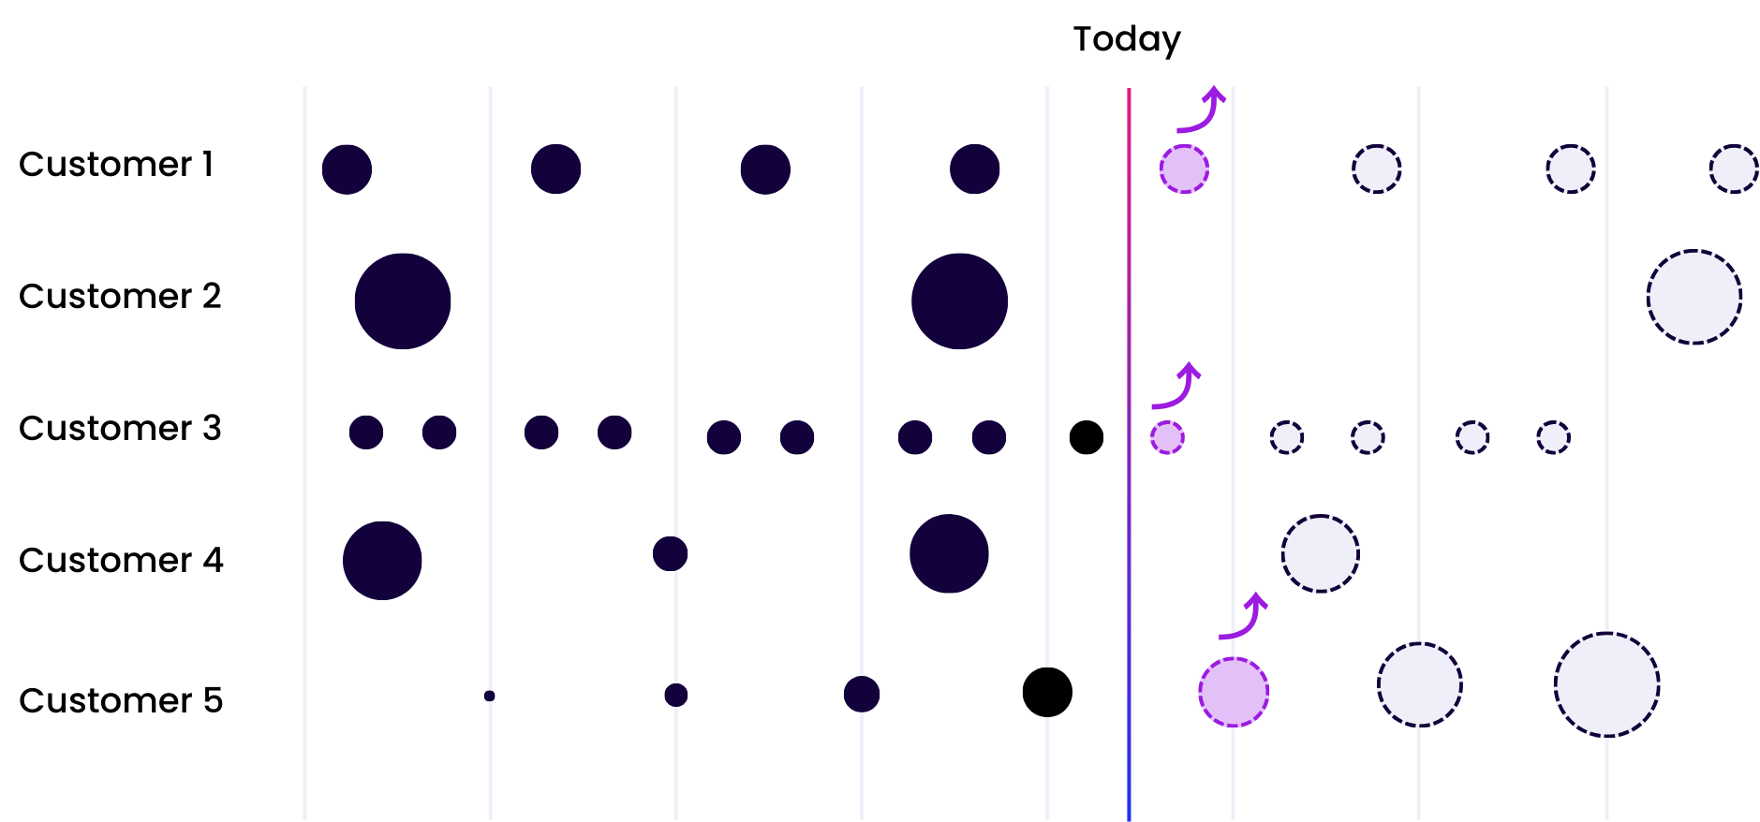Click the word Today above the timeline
1127,39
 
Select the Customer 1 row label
116,164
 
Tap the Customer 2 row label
120,296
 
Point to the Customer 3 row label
120,428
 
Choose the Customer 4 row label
121,560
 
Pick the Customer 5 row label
121,700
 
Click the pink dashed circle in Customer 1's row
1184,169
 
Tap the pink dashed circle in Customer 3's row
1167,437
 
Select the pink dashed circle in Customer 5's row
1234,692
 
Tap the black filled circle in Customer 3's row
1087,437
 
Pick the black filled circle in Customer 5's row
1047,692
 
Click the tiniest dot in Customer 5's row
489,696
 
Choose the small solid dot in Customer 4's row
671,553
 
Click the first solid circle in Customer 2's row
403,301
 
